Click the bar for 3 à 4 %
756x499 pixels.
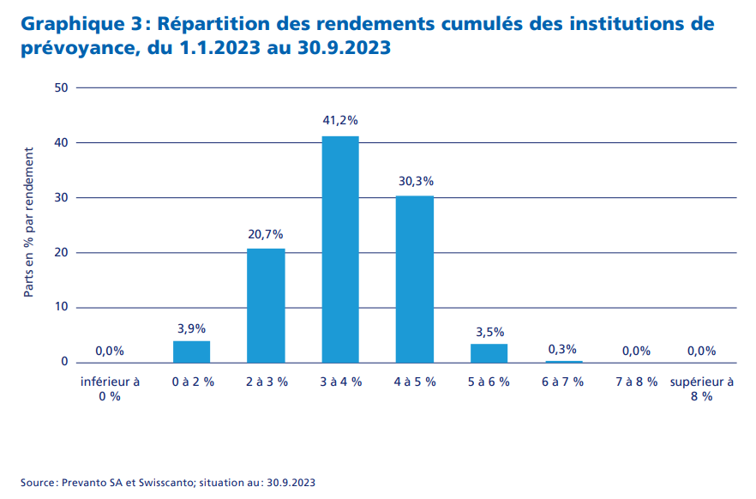[339, 249]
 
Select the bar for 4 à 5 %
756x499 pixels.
[414, 279]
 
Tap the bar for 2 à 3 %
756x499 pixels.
[266, 305]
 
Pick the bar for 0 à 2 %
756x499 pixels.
[191, 352]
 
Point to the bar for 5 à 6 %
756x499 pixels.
[489, 352]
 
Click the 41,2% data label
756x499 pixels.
[339, 120]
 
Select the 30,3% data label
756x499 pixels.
[416, 181]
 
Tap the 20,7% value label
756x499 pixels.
[266, 233]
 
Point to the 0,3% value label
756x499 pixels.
[562, 349]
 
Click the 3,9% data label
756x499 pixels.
[191, 328]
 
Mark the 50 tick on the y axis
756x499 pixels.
[60, 87]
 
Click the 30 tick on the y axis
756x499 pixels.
[60, 197]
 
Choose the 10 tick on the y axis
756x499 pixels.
[60, 307]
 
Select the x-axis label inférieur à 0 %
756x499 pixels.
[110, 388]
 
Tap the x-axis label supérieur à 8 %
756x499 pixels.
[701, 388]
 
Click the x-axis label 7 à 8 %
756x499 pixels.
[636, 382]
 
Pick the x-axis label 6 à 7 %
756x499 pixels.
[562, 382]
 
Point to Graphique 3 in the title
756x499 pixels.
[75, 24]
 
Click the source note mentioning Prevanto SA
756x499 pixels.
[168, 483]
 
